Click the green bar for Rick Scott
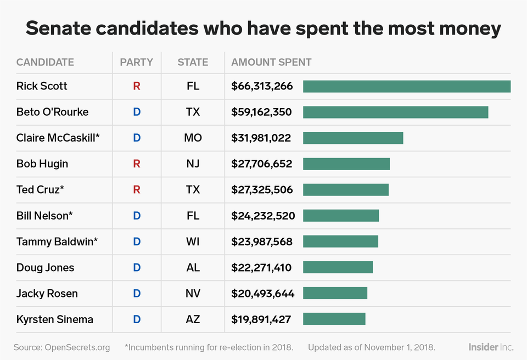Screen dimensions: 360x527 point(407,86)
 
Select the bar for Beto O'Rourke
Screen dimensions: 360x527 point(395,112)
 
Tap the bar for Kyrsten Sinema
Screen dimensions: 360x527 point(334,319)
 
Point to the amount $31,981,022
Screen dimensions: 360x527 point(261,138)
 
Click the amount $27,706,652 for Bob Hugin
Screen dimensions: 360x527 point(262,164)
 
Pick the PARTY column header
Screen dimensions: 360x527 point(136,62)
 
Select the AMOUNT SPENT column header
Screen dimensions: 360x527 point(271,62)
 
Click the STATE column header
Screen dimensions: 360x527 point(193,62)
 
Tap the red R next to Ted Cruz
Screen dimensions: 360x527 point(137,189)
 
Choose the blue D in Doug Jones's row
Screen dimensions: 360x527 point(137,267)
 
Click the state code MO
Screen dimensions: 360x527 point(193,138)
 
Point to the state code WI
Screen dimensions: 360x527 point(193,241)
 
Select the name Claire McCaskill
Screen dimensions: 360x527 point(58,138)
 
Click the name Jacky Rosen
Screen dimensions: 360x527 point(47,293)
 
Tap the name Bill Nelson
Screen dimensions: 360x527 point(44,216)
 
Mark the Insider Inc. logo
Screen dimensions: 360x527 point(491,347)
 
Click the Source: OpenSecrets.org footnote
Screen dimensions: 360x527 point(61,347)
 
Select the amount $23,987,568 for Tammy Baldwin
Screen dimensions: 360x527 point(262,241)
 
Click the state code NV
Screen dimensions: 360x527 point(193,293)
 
